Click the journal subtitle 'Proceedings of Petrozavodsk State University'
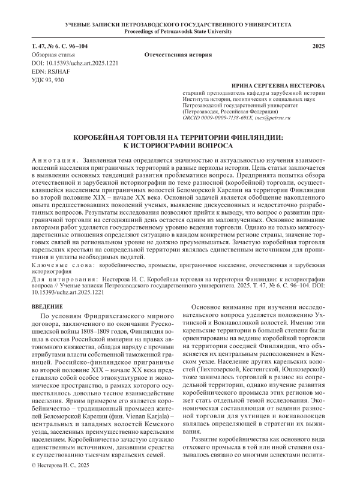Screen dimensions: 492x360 pos(180,30)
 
